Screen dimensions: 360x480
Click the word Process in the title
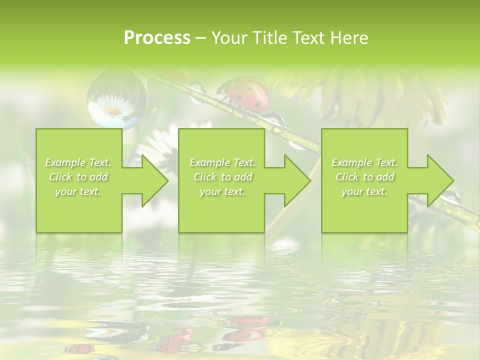tap(157, 38)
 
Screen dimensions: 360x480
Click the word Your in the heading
tap(230, 38)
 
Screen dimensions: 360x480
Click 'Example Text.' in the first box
tap(78, 162)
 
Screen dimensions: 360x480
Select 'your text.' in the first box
tap(78, 191)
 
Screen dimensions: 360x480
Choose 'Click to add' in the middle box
tap(222, 177)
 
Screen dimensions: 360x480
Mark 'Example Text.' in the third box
tap(364, 162)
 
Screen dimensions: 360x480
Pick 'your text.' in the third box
tap(364, 191)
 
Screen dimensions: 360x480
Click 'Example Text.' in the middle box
tap(222, 162)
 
